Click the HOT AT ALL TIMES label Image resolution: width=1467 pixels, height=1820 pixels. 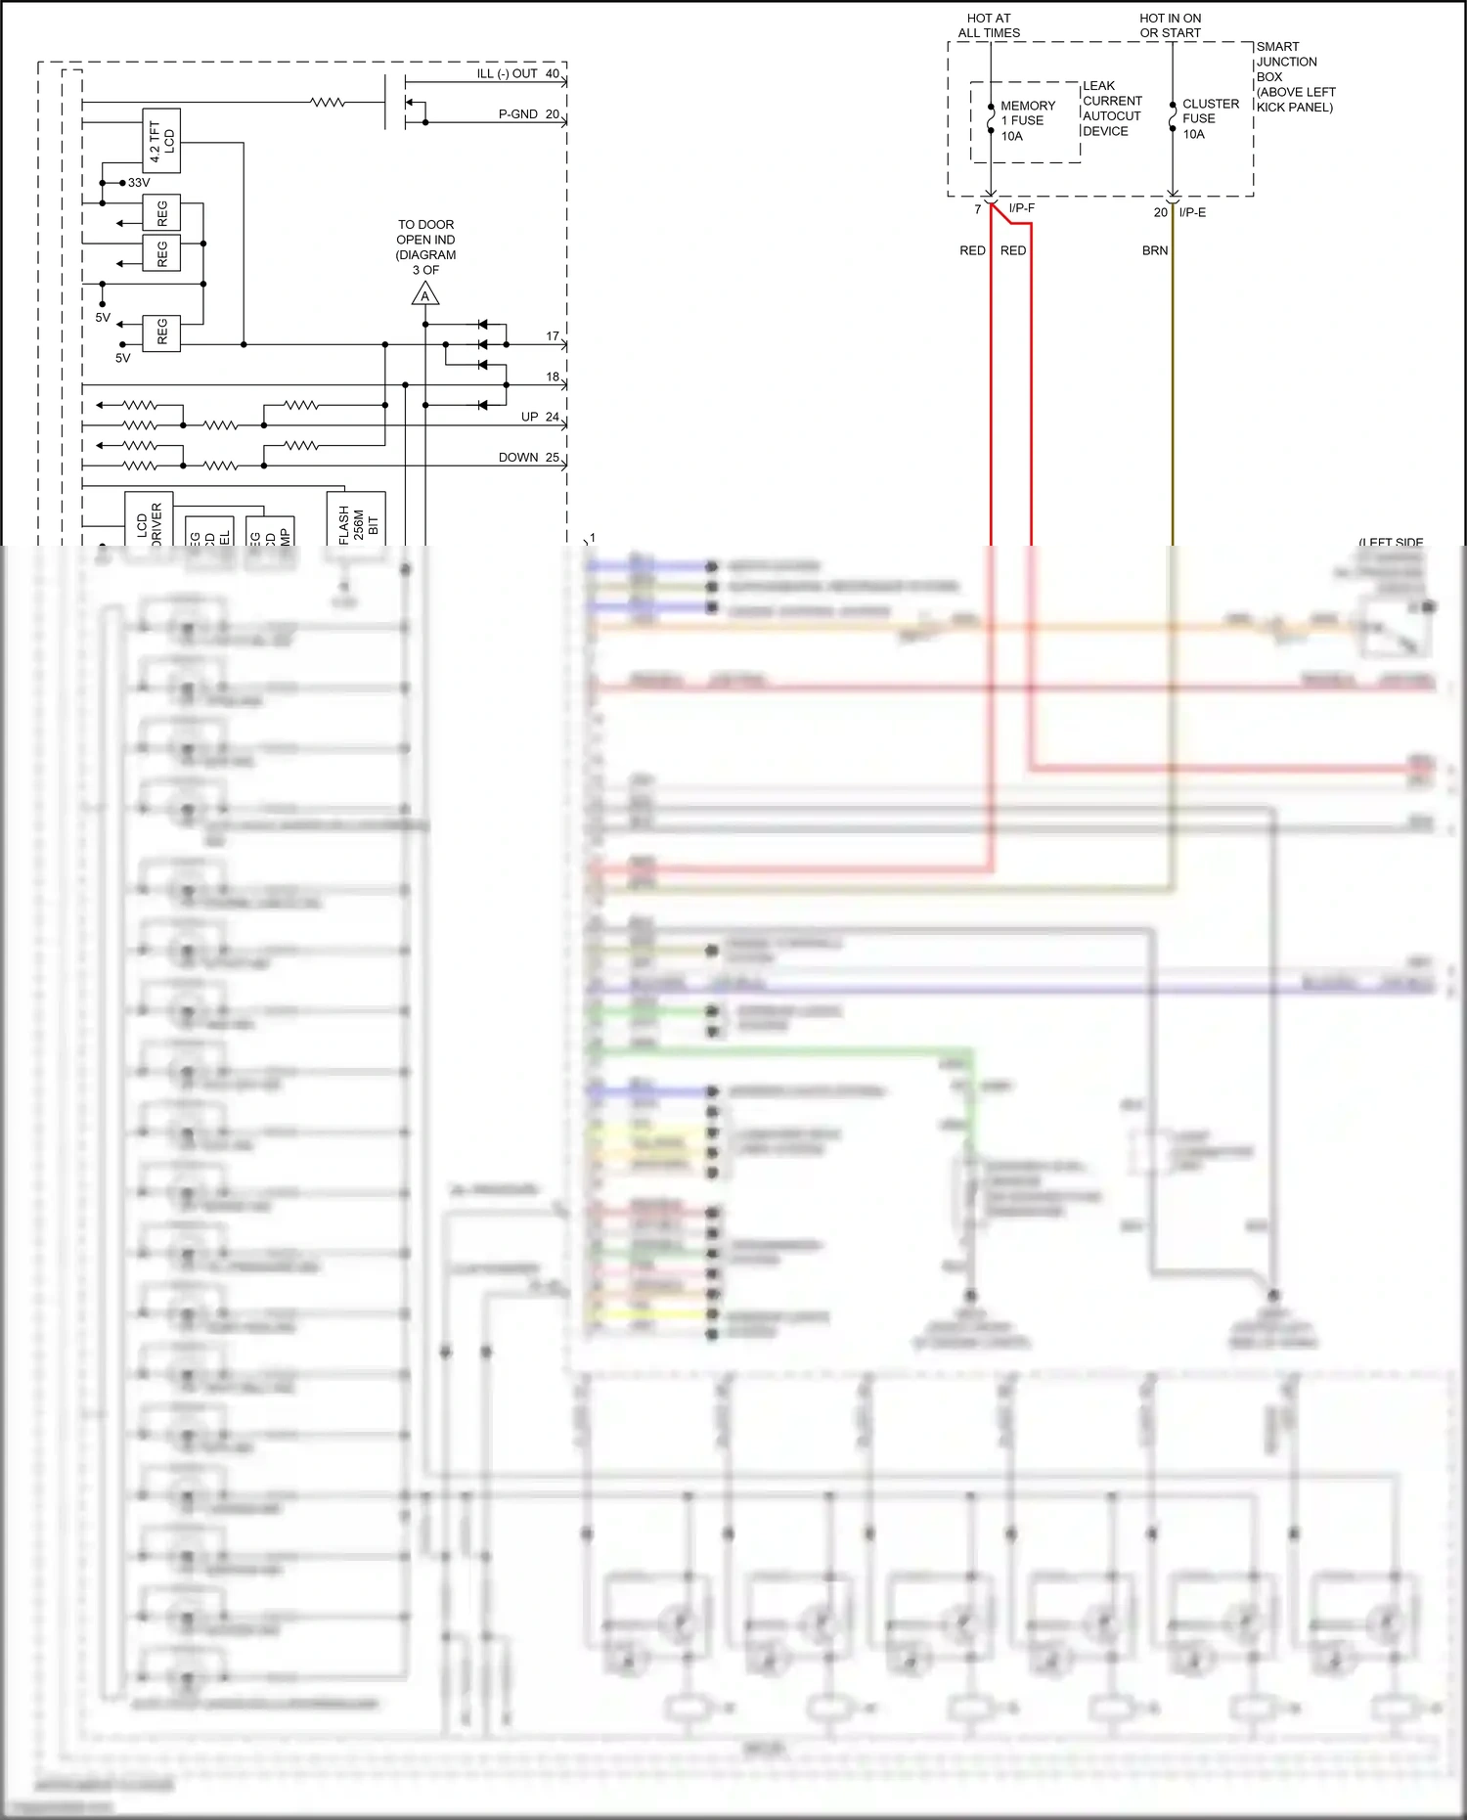click(989, 25)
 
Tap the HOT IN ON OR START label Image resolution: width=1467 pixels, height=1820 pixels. click(1170, 25)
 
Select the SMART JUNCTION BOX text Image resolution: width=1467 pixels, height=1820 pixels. click(1295, 76)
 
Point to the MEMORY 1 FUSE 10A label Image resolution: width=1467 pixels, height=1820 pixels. click(1026, 120)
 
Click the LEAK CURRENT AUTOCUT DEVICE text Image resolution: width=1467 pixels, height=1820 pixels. click(1111, 109)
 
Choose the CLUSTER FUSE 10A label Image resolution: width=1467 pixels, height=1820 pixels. click(1210, 118)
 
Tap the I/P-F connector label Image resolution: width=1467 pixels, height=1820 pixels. click(1021, 208)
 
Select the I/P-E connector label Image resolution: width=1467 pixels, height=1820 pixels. click(1192, 212)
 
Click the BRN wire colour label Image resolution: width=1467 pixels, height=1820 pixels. click(1155, 250)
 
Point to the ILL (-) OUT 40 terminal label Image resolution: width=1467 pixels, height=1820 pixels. click(517, 73)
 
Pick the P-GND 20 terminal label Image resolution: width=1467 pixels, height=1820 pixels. click(528, 114)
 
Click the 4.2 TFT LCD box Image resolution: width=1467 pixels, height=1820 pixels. click(161, 141)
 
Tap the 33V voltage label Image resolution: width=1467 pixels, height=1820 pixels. click(139, 183)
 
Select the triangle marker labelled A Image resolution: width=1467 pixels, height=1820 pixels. click(424, 294)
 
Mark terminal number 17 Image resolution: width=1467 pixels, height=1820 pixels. click(553, 336)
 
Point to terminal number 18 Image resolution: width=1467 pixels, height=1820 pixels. click(553, 377)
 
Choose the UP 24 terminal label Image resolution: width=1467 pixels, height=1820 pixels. click(540, 417)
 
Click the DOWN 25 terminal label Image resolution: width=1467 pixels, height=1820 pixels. click(528, 457)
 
